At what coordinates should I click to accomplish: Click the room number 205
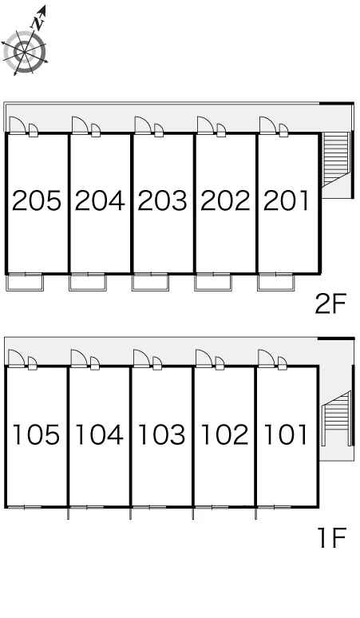[x=37, y=200]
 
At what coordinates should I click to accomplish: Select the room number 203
[x=162, y=200]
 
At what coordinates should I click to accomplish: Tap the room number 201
[x=287, y=200]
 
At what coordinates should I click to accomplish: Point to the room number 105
[x=36, y=434]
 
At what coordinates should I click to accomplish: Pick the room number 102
[x=225, y=434]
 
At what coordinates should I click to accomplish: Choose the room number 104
[x=99, y=434]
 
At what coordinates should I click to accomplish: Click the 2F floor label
[x=330, y=303]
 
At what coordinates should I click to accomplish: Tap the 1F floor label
[x=331, y=538]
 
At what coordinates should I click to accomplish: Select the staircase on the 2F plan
[x=336, y=159]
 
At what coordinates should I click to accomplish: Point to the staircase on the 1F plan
[x=336, y=418]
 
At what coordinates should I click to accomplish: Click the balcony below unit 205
[x=25, y=282]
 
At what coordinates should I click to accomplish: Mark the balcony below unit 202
[x=213, y=282]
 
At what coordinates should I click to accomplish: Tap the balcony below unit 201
[x=275, y=282]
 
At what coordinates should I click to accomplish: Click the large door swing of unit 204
[x=81, y=125]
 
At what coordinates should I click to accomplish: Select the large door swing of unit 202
[x=206, y=125]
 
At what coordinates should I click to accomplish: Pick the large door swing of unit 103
[x=142, y=359]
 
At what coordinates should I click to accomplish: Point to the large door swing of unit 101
[x=267, y=359]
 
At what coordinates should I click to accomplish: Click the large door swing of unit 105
[x=17, y=359]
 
